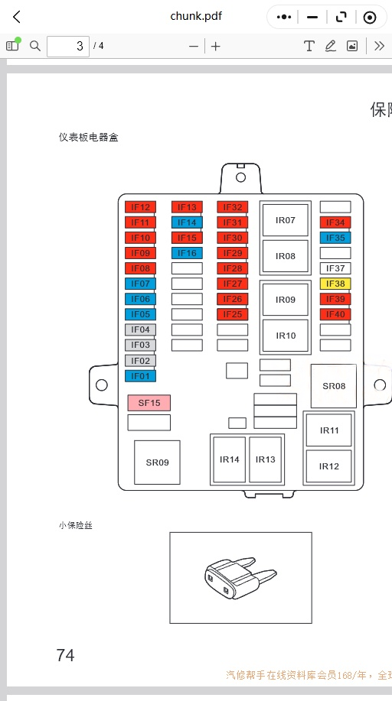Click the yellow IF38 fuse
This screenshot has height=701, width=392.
tap(335, 284)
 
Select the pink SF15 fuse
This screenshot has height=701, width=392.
tap(149, 403)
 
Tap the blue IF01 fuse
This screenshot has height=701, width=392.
tap(140, 376)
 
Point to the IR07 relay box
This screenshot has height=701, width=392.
tap(286, 220)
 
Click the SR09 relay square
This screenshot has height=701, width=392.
tap(157, 462)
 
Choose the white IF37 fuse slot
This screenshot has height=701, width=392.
tap(335, 268)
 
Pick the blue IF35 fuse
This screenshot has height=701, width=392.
tap(335, 238)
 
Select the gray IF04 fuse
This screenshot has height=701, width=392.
tap(140, 330)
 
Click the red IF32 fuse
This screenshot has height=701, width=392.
tap(233, 207)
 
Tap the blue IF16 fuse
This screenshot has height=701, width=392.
tap(187, 253)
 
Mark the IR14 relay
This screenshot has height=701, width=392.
tap(230, 459)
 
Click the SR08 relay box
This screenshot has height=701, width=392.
tap(334, 386)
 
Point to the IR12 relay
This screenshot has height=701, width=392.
tap(328, 466)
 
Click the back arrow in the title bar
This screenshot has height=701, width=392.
tap(17, 17)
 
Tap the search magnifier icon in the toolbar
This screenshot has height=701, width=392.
tap(35, 46)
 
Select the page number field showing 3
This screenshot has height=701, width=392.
tap(68, 46)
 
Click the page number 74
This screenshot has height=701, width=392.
tap(65, 655)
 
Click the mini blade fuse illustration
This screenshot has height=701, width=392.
tap(240, 577)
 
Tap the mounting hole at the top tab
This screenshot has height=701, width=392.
tap(240, 177)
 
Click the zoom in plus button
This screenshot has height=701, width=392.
tap(215, 46)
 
